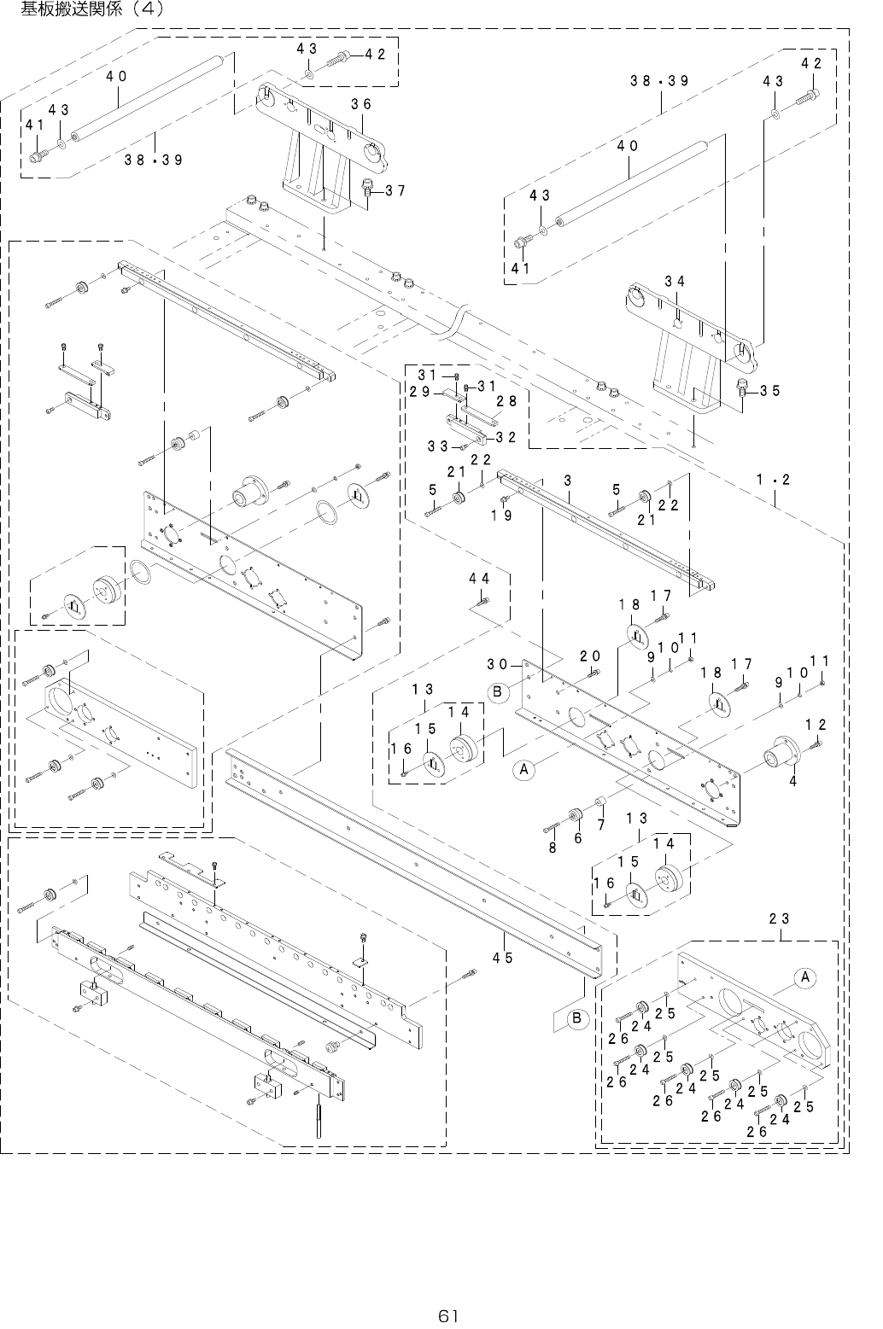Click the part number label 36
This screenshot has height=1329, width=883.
360,104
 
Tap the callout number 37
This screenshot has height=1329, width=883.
395,190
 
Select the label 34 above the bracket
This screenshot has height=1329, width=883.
675,282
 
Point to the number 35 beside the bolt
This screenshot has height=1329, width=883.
770,391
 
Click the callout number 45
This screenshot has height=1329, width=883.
502,957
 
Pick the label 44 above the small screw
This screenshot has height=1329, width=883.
479,579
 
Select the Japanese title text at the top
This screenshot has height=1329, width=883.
85,10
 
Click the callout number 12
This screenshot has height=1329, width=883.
816,725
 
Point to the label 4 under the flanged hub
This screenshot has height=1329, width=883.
793,780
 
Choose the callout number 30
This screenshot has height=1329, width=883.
498,664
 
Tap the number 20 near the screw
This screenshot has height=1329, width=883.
589,656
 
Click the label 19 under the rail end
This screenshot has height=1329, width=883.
501,515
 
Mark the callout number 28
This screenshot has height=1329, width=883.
506,401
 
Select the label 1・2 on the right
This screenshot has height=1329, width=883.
774,480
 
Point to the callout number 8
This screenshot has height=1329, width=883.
553,848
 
